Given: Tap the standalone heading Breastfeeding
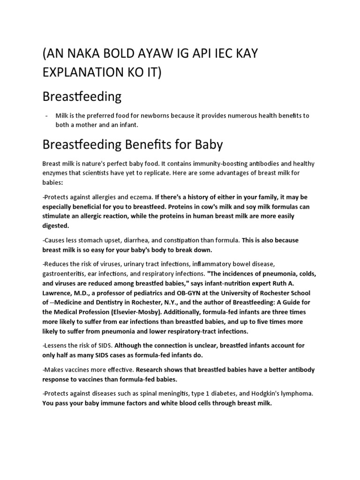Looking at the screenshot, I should pyautogui.click(x=82, y=97).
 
